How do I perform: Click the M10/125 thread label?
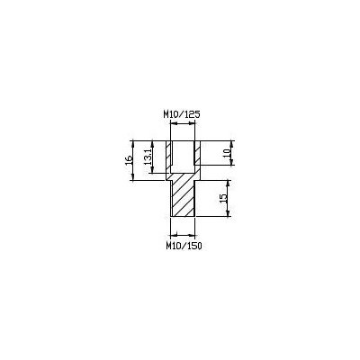click(182, 114)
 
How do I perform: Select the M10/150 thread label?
click(184, 246)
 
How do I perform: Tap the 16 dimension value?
click(129, 160)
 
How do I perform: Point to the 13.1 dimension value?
click(148, 157)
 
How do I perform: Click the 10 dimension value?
click(227, 153)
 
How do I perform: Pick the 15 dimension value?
click(223, 198)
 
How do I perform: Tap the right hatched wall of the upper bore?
click(197, 153)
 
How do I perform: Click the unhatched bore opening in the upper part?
click(183, 156)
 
